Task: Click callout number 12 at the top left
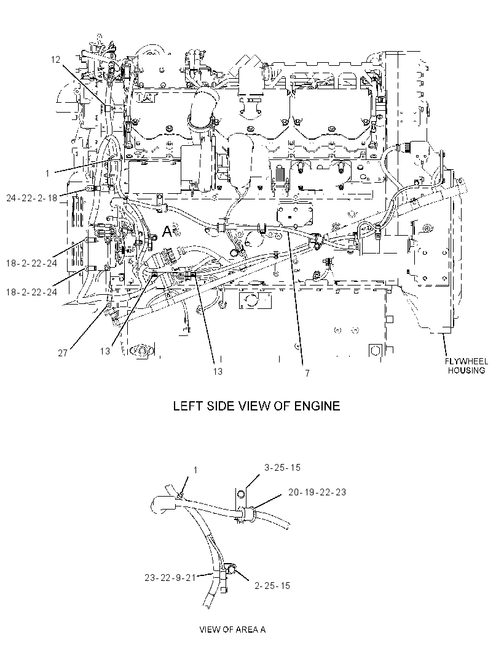pos(55,60)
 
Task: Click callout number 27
pos(63,353)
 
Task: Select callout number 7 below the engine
pos(307,373)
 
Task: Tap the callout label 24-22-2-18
pos(32,198)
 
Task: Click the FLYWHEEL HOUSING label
pos(467,366)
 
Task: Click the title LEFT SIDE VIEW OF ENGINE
pos(256,406)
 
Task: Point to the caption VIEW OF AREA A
pos(232,629)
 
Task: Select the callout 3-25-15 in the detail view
pos(282,467)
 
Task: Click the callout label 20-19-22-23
pos(317,492)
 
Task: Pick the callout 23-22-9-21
pos(170,578)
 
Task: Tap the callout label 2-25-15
pos(272,586)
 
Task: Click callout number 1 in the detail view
pos(195,470)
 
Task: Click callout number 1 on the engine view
pos(48,173)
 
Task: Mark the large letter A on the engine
pos(167,231)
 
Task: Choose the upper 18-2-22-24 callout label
pos(32,263)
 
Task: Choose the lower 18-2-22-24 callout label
pos(32,292)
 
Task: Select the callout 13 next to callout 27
pos(105,351)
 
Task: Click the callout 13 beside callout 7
pos(218,372)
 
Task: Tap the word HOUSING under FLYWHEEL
pos(467,370)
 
